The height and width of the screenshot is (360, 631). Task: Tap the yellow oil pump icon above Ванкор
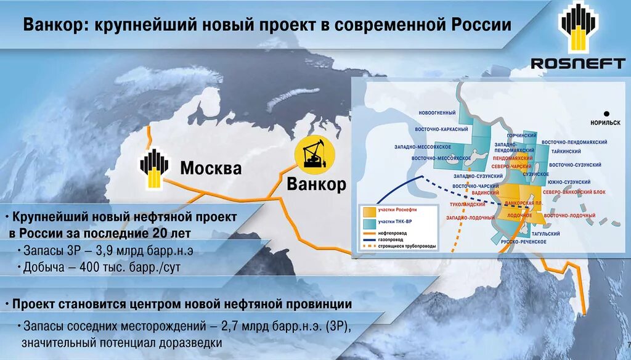(x=315, y=154)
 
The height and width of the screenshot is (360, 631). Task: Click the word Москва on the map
(x=211, y=168)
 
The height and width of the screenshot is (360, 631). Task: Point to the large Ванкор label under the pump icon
(x=317, y=184)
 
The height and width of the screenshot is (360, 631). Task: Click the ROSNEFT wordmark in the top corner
(x=578, y=63)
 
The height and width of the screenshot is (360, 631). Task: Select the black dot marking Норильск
(x=606, y=113)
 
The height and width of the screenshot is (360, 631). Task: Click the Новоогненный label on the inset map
(x=437, y=113)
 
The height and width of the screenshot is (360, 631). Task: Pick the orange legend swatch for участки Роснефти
(x=368, y=210)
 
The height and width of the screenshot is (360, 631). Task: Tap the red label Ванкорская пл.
(x=523, y=203)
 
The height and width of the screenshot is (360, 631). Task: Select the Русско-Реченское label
(x=524, y=242)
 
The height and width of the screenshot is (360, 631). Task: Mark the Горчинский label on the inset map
(x=521, y=135)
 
